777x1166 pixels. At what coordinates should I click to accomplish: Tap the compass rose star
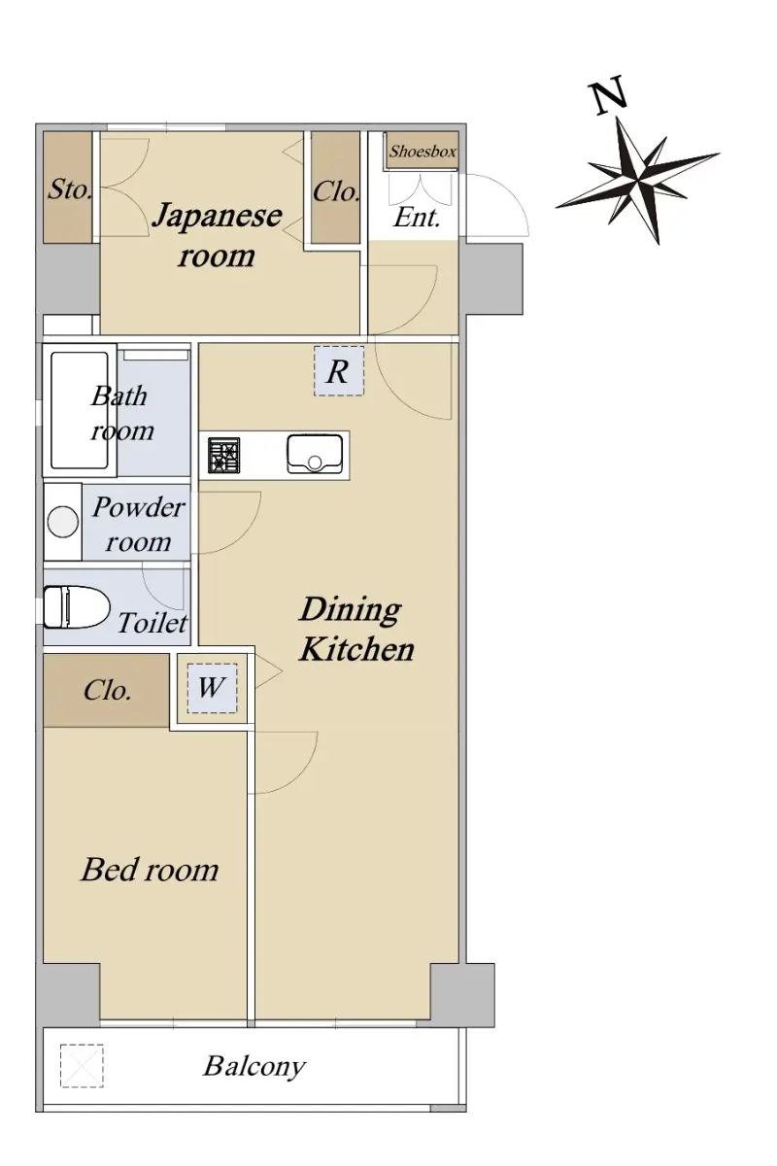point(637,180)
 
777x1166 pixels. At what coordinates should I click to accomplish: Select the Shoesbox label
point(422,152)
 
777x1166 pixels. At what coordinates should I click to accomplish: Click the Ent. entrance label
point(417,217)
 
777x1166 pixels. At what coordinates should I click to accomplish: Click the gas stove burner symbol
point(223,455)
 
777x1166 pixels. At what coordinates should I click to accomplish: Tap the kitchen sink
point(315,454)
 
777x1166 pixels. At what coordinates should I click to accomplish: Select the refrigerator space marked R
point(339,371)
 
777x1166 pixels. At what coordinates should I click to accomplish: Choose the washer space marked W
point(212,688)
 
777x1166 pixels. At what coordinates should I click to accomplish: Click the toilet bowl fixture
point(76,607)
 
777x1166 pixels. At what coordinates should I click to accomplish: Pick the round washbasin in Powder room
point(62,522)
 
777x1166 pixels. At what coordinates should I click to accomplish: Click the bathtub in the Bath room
point(79,411)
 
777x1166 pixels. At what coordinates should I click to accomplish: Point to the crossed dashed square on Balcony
point(82,1066)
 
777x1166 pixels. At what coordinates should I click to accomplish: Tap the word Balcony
point(253,1066)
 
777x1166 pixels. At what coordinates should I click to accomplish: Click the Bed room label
point(150,870)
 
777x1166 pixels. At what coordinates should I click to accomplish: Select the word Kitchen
point(357,650)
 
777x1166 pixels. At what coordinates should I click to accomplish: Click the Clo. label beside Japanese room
point(336,191)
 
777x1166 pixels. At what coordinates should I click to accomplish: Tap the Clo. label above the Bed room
point(107,690)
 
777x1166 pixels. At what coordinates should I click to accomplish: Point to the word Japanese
point(218,216)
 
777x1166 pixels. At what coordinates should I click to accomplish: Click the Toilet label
point(152,623)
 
